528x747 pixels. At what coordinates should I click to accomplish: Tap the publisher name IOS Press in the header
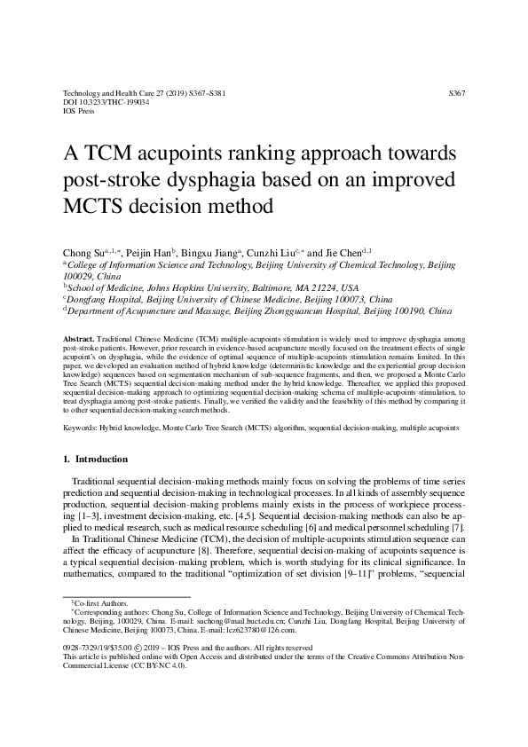(80, 112)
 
